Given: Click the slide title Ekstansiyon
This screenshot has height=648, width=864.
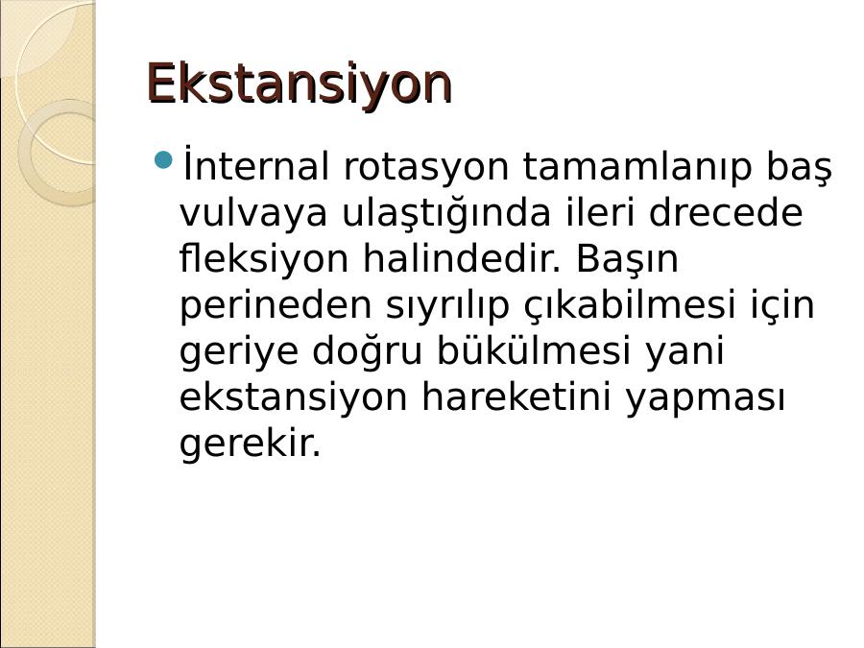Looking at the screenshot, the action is pyautogui.click(x=300, y=84).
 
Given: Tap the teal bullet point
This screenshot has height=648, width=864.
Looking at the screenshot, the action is pyautogui.click(x=163, y=160).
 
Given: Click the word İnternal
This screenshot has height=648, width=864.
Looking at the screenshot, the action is pyautogui.click(x=255, y=163).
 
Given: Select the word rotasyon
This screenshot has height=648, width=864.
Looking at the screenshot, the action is pyautogui.click(x=426, y=166).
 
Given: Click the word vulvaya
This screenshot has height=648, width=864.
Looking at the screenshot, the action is pyautogui.click(x=252, y=214).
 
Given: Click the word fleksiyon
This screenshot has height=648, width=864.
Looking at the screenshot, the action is pyautogui.click(x=264, y=259).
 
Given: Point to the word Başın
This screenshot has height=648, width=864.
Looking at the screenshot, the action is pyautogui.click(x=627, y=259).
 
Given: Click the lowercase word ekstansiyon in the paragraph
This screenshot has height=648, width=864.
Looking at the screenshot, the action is pyautogui.click(x=294, y=397).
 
